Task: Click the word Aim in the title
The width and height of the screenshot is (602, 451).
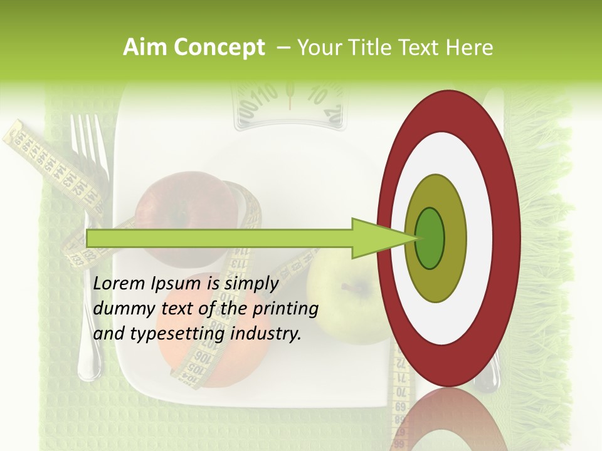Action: [x=145, y=48]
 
